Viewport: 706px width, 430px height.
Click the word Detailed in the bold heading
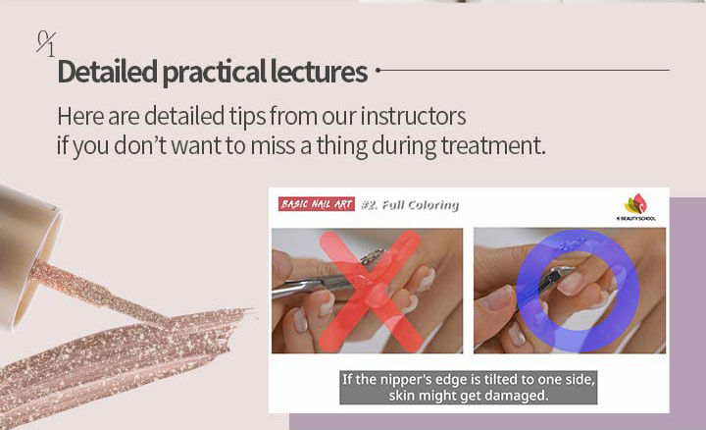pyautogui.click(x=108, y=72)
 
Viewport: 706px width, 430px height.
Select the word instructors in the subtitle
pyautogui.click(x=413, y=116)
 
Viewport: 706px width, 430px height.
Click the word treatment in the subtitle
pyautogui.click(x=492, y=145)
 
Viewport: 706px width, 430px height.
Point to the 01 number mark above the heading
pyautogui.click(x=46, y=44)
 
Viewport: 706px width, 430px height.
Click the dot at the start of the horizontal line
pyautogui.click(x=378, y=70)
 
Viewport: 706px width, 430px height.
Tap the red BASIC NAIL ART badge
pyautogui.click(x=317, y=204)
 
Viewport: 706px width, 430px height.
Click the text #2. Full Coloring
pyautogui.click(x=410, y=205)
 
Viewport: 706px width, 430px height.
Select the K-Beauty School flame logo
pyautogui.click(x=635, y=204)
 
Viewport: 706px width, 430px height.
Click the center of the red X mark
pyautogui.click(x=371, y=292)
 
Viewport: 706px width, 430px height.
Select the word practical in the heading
pyautogui.click(x=214, y=72)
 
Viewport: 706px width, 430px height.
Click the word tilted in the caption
pyautogui.click(x=501, y=380)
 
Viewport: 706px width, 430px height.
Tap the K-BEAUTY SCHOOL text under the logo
pyautogui.click(x=635, y=219)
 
